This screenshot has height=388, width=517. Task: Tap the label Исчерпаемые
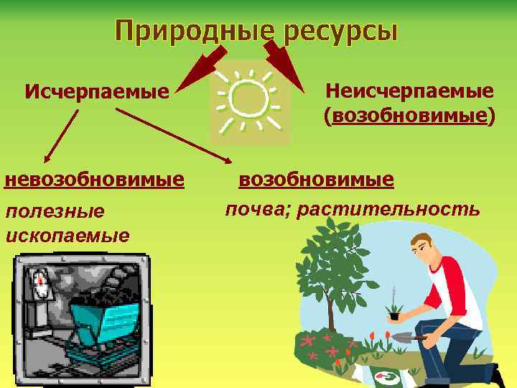96,91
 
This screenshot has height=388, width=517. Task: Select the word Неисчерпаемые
409,91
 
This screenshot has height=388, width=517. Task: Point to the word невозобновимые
94,179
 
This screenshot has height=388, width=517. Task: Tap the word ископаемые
67,235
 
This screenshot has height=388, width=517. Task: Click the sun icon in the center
249,101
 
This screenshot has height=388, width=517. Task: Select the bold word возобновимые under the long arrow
316,179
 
